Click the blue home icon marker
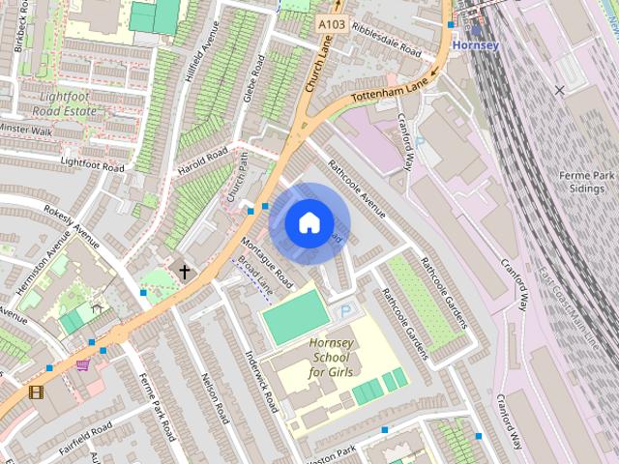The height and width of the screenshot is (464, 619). (308, 223)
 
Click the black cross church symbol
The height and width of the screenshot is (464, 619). (184, 273)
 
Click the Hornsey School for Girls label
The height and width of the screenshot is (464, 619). (331, 358)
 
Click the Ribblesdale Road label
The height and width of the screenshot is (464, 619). (387, 40)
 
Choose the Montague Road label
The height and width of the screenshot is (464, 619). (266, 262)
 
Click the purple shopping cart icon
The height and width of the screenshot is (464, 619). (83, 364)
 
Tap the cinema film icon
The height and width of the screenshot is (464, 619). (36, 391)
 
